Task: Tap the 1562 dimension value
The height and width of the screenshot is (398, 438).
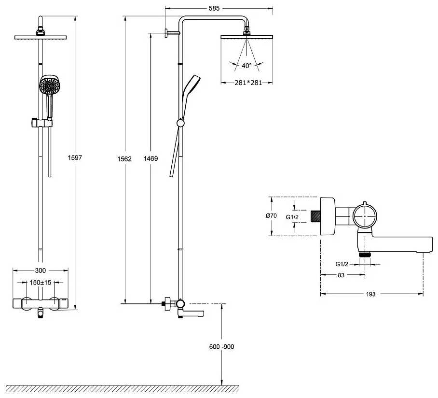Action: [125, 158]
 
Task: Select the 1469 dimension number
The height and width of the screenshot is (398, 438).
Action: [151, 158]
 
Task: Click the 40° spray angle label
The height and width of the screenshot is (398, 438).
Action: [247, 66]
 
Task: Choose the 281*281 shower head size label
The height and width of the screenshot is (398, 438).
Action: [248, 83]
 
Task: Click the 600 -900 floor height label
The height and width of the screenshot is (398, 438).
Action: [222, 347]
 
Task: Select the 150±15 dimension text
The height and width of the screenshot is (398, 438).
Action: [41, 282]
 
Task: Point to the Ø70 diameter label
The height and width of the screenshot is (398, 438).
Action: [271, 216]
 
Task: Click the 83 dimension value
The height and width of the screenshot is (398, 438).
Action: [341, 275]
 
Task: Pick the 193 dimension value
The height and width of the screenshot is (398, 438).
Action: [371, 294]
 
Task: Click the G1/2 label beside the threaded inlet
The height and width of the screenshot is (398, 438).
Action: [292, 217]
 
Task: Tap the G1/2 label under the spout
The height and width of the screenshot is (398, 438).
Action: [343, 264]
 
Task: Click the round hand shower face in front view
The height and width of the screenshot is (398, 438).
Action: [50, 87]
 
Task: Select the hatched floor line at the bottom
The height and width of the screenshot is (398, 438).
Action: [121, 389]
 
